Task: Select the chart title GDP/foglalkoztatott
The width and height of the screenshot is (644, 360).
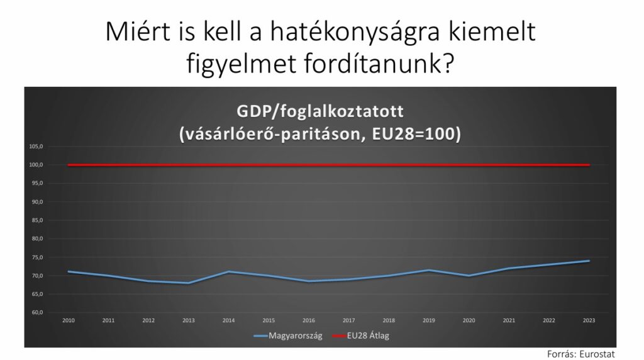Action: pos(320,112)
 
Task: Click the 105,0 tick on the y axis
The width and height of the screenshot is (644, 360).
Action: pos(36,146)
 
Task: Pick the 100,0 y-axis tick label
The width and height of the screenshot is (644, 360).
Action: pos(36,165)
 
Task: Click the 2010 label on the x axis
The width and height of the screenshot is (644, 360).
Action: pos(69,320)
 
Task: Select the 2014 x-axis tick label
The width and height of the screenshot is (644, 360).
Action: pos(228,320)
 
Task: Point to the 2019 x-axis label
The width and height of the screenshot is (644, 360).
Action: pos(429,320)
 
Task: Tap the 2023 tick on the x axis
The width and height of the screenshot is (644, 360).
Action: pos(589,320)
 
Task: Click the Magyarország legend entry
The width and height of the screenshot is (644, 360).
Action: pos(288,335)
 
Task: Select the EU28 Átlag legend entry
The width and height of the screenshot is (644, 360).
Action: pos(360,335)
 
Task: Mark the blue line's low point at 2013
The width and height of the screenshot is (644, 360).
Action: pos(189,283)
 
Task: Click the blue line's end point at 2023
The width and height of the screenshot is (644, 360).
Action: pos(589,261)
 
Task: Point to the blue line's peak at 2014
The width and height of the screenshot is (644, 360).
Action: pos(228,272)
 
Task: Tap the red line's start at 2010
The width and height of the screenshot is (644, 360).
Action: pos(69,165)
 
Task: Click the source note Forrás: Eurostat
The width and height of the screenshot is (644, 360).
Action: pos(580,354)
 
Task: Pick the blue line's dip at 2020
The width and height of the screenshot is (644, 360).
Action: pos(469,276)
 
